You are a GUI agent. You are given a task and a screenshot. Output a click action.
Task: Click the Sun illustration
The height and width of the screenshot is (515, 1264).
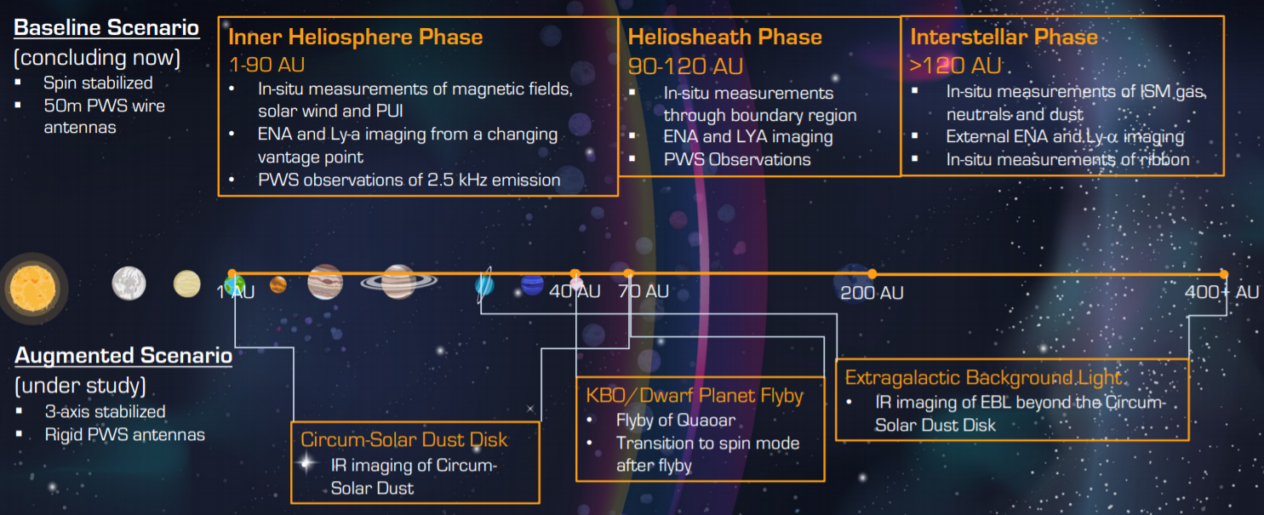(x=33, y=289)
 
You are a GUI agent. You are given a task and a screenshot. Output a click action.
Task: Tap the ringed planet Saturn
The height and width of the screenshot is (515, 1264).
(x=398, y=282)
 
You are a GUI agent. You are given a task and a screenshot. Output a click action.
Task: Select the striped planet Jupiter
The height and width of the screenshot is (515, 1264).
(x=325, y=282)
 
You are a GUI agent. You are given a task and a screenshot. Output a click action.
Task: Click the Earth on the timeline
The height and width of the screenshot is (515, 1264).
(x=234, y=284)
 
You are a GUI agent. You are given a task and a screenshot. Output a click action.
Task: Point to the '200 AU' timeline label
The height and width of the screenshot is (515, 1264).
(x=872, y=293)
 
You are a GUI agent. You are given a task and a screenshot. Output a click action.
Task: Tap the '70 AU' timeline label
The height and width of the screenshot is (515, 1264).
(x=643, y=291)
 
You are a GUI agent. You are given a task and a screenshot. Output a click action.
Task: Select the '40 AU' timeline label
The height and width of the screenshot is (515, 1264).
(x=575, y=292)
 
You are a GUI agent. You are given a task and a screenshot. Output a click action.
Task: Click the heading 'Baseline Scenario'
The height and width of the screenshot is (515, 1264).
(x=106, y=27)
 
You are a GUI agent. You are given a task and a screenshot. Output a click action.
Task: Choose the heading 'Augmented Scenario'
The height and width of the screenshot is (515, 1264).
(x=123, y=355)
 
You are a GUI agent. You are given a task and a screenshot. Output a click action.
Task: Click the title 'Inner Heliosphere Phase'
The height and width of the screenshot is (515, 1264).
(x=356, y=37)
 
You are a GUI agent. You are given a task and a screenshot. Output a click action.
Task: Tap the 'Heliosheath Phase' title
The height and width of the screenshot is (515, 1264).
(x=725, y=37)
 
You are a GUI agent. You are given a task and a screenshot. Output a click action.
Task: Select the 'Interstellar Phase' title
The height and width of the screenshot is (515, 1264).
(x=1004, y=37)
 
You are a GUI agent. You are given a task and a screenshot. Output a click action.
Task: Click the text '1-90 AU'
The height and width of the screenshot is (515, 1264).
(x=267, y=65)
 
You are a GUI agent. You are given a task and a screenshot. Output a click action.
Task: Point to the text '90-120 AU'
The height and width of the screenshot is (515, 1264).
(x=685, y=66)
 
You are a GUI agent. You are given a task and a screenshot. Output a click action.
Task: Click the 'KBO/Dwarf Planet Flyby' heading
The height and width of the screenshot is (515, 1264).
(x=695, y=396)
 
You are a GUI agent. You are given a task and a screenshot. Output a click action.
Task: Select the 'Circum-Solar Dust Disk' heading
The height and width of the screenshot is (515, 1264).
(x=404, y=439)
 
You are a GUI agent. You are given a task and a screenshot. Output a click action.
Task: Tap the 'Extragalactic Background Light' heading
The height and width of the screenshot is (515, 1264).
(x=984, y=377)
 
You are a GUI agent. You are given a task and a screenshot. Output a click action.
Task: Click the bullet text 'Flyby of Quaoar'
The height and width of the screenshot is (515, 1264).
(x=676, y=421)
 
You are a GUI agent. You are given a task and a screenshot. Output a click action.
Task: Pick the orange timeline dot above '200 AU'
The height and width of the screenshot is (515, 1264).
(x=872, y=274)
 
